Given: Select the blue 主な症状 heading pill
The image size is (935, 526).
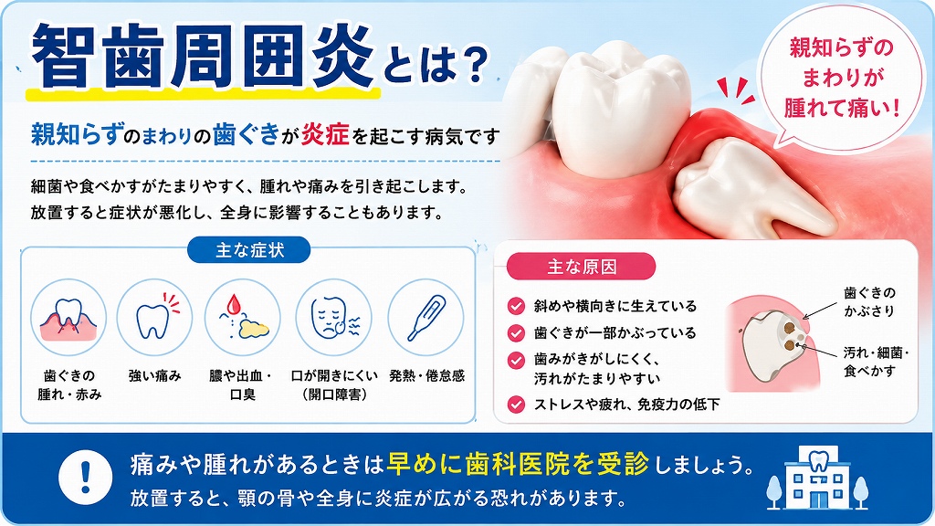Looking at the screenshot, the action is [x=249, y=250].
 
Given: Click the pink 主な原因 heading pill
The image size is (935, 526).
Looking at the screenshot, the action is [x=582, y=267].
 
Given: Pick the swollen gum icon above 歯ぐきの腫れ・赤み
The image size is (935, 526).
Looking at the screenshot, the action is [x=68, y=317].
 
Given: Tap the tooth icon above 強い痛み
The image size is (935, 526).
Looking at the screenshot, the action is [x=154, y=317].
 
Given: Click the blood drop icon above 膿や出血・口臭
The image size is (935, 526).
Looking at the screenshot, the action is [x=243, y=317].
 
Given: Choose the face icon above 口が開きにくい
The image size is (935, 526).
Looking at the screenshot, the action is [x=334, y=317].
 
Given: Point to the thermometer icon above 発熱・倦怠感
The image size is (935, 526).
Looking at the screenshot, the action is [x=425, y=317].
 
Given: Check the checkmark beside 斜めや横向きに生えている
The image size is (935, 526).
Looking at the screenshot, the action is [x=516, y=306].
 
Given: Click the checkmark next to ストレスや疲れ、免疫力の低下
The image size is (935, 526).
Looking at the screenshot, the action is [x=516, y=405].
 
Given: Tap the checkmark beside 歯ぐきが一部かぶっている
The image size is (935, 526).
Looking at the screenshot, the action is [x=516, y=332].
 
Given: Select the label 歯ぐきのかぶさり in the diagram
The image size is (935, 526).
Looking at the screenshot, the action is [x=870, y=301].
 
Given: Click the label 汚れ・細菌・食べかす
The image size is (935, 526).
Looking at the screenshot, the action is [x=876, y=362].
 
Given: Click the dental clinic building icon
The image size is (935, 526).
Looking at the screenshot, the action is [x=817, y=479].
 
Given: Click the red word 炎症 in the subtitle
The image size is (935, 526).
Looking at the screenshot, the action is [x=325, y=135].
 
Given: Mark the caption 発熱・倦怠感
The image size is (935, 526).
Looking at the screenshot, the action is [x=427, y=375].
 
